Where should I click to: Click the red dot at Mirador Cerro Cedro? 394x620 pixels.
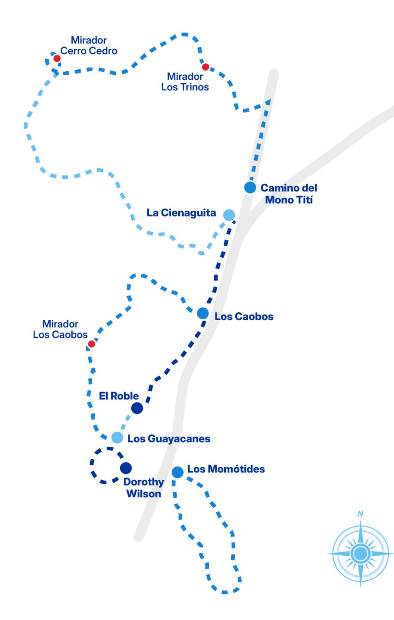[x=57, y=58]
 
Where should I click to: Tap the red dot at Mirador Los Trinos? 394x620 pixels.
[x=205, y=67]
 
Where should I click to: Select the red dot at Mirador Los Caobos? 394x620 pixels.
[x=91, y=344]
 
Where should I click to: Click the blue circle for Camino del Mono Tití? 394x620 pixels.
[x=250, y=187]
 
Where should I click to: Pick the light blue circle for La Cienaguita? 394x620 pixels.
[x=229, y=215]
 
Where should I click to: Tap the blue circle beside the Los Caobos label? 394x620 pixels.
[x=203, y=314]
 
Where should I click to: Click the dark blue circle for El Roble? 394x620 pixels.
[x=137, y=408]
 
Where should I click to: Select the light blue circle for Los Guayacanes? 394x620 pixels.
[x=117, y=438]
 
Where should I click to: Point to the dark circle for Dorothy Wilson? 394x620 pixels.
[x=126, y=468]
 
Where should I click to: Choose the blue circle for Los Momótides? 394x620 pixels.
[x=177, y=472]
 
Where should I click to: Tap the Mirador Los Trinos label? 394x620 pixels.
[x=185, y=82]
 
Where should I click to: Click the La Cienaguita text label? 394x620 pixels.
[x=181, y=213]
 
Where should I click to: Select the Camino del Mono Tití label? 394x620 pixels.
[x=289, y=194]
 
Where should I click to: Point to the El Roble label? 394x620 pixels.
[x=119, y=396]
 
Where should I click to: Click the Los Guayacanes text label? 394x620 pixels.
[x=169, y=439]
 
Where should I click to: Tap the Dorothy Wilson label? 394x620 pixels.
[x=143, y=488]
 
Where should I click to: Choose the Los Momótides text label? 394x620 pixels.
[x=226, y=469]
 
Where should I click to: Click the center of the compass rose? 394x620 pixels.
[x=361, y=553]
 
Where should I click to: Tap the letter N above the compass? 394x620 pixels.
[x=361, y=514]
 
